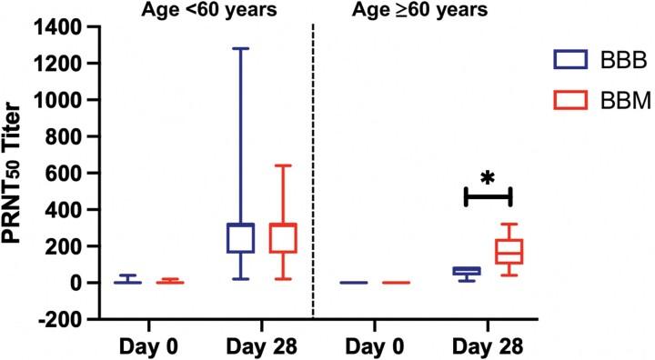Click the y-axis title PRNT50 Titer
[17, 172]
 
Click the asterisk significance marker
[488, 175]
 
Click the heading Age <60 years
[197, 11]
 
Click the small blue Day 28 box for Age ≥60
[467, 271]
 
